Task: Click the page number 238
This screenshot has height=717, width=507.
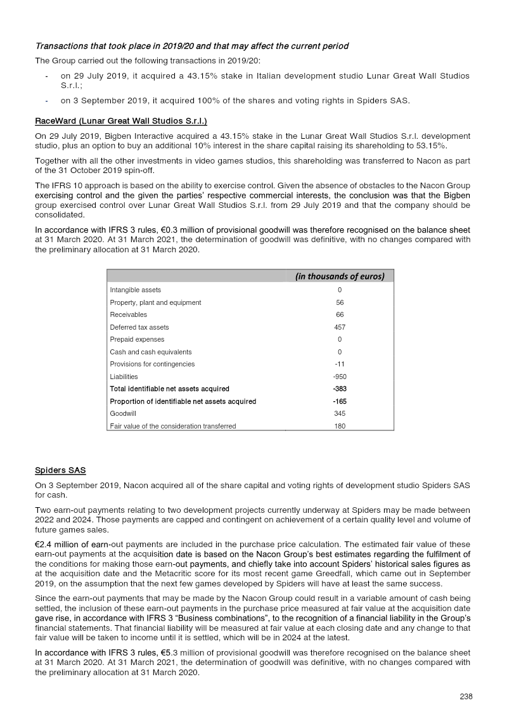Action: click(x=466, y=696)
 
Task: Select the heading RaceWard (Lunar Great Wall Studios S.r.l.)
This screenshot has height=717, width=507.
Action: click(x=121, y=120)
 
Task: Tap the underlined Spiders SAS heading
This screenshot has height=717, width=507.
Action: click(x=60, y=470)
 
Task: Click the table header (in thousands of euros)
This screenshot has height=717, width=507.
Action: click(x=340, y=276)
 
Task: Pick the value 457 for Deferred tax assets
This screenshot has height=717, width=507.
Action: click(x=340, y=327)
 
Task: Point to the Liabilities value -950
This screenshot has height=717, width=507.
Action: click(x=340, y=377)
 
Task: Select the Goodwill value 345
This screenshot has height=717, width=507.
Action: click(x=340, y=413)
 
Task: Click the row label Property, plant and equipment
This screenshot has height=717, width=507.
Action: click(x=155, y=302)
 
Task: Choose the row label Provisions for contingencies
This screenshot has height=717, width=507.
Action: click(x=152, y=365)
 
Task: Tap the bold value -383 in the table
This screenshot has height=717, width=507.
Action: click(x=340, y=389)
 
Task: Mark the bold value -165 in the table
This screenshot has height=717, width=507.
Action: click(x=340, y=401)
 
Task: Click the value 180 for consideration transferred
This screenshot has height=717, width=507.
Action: click(x=340, y=426)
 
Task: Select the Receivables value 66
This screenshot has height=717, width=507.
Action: click(x=340, y=314)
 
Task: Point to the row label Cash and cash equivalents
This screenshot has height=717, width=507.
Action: click(x=150, y=352)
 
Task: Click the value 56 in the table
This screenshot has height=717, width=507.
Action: click(x=340, y=302)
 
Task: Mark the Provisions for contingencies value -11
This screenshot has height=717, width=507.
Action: click(x=340, y=365)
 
